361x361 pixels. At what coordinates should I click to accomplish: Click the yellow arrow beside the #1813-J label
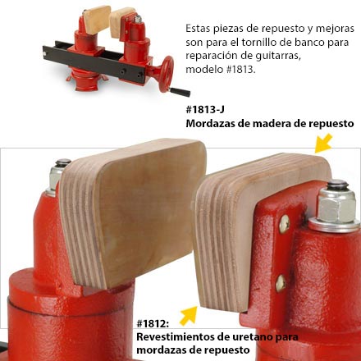click(325, 145)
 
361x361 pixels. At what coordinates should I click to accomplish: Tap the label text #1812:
click(153, 322)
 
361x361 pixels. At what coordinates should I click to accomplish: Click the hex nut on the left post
click(58, 175)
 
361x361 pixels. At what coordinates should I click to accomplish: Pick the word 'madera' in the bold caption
click(274, 124)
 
